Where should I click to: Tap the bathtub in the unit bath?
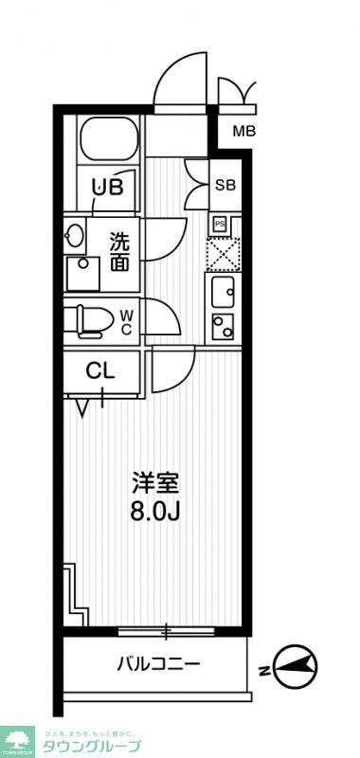pos(106,140)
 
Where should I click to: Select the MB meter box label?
pos(243,131)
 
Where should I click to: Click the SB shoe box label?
pos(225,185)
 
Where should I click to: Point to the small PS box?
pos(219,224)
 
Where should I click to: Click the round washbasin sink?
pos(75,235)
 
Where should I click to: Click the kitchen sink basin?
pos(225,294)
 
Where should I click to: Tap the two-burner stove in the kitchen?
pos(224,328)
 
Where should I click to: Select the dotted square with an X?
pos(225,253)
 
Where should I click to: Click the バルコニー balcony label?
pos(158,664)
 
